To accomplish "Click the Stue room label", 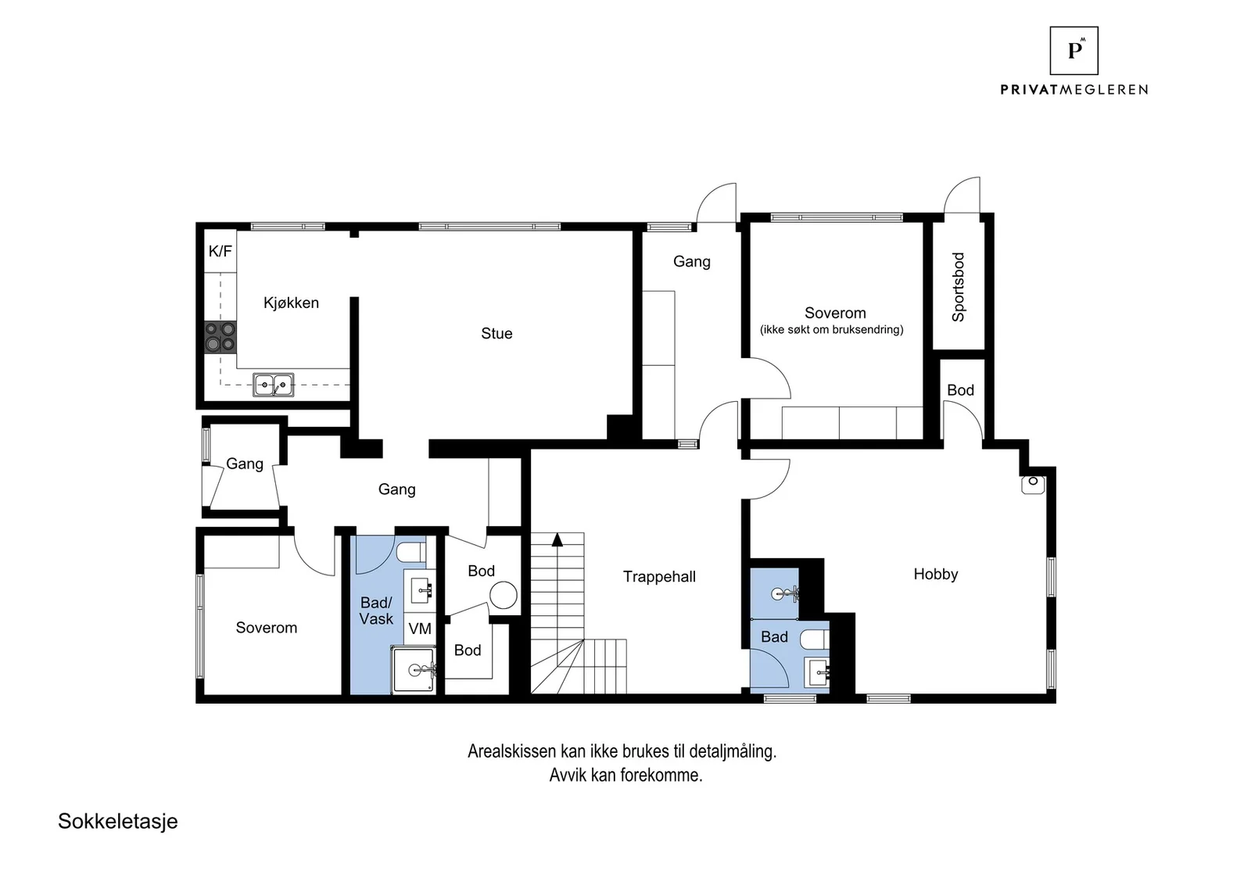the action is click(496, 333).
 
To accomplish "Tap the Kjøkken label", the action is click(291, 303).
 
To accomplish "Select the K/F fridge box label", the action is click(220, 251).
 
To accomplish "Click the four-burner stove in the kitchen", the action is click(220, 337).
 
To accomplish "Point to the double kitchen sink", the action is click(273, 385).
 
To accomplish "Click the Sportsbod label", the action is click(959, 287).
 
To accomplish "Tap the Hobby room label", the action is click(935, 574).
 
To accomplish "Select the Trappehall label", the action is click(659, 577).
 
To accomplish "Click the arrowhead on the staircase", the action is click(557, 539).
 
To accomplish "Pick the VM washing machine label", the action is click(419, 629).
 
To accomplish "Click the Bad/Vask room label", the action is click(376, 611).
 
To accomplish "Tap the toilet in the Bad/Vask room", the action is click(411, 553).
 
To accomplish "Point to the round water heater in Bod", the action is click(504, 595).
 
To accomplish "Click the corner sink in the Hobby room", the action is click(1033, 485).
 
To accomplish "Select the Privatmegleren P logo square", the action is click(1074, 51).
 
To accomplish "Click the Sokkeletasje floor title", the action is click(118, 822).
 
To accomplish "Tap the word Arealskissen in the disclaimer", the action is click(511, 751).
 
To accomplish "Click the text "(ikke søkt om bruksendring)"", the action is click(832, 329).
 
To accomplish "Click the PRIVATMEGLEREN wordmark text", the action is click(1074, 89).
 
